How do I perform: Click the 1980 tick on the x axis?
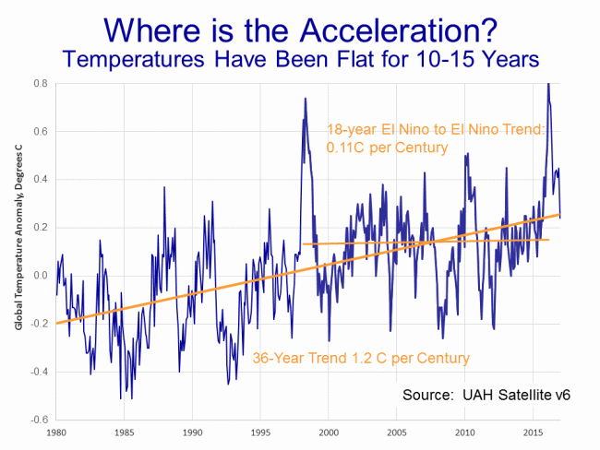(56, 432)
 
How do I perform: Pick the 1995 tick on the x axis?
(260, 432)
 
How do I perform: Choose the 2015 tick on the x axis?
(533, 432)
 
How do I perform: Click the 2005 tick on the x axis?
(397, 432)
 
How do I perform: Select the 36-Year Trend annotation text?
(361, 358)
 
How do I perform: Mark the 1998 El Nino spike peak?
(304, 98)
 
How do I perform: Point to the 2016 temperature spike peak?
(548, 84)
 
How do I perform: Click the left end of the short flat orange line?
(303, 244)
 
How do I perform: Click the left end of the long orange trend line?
(56, 324)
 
